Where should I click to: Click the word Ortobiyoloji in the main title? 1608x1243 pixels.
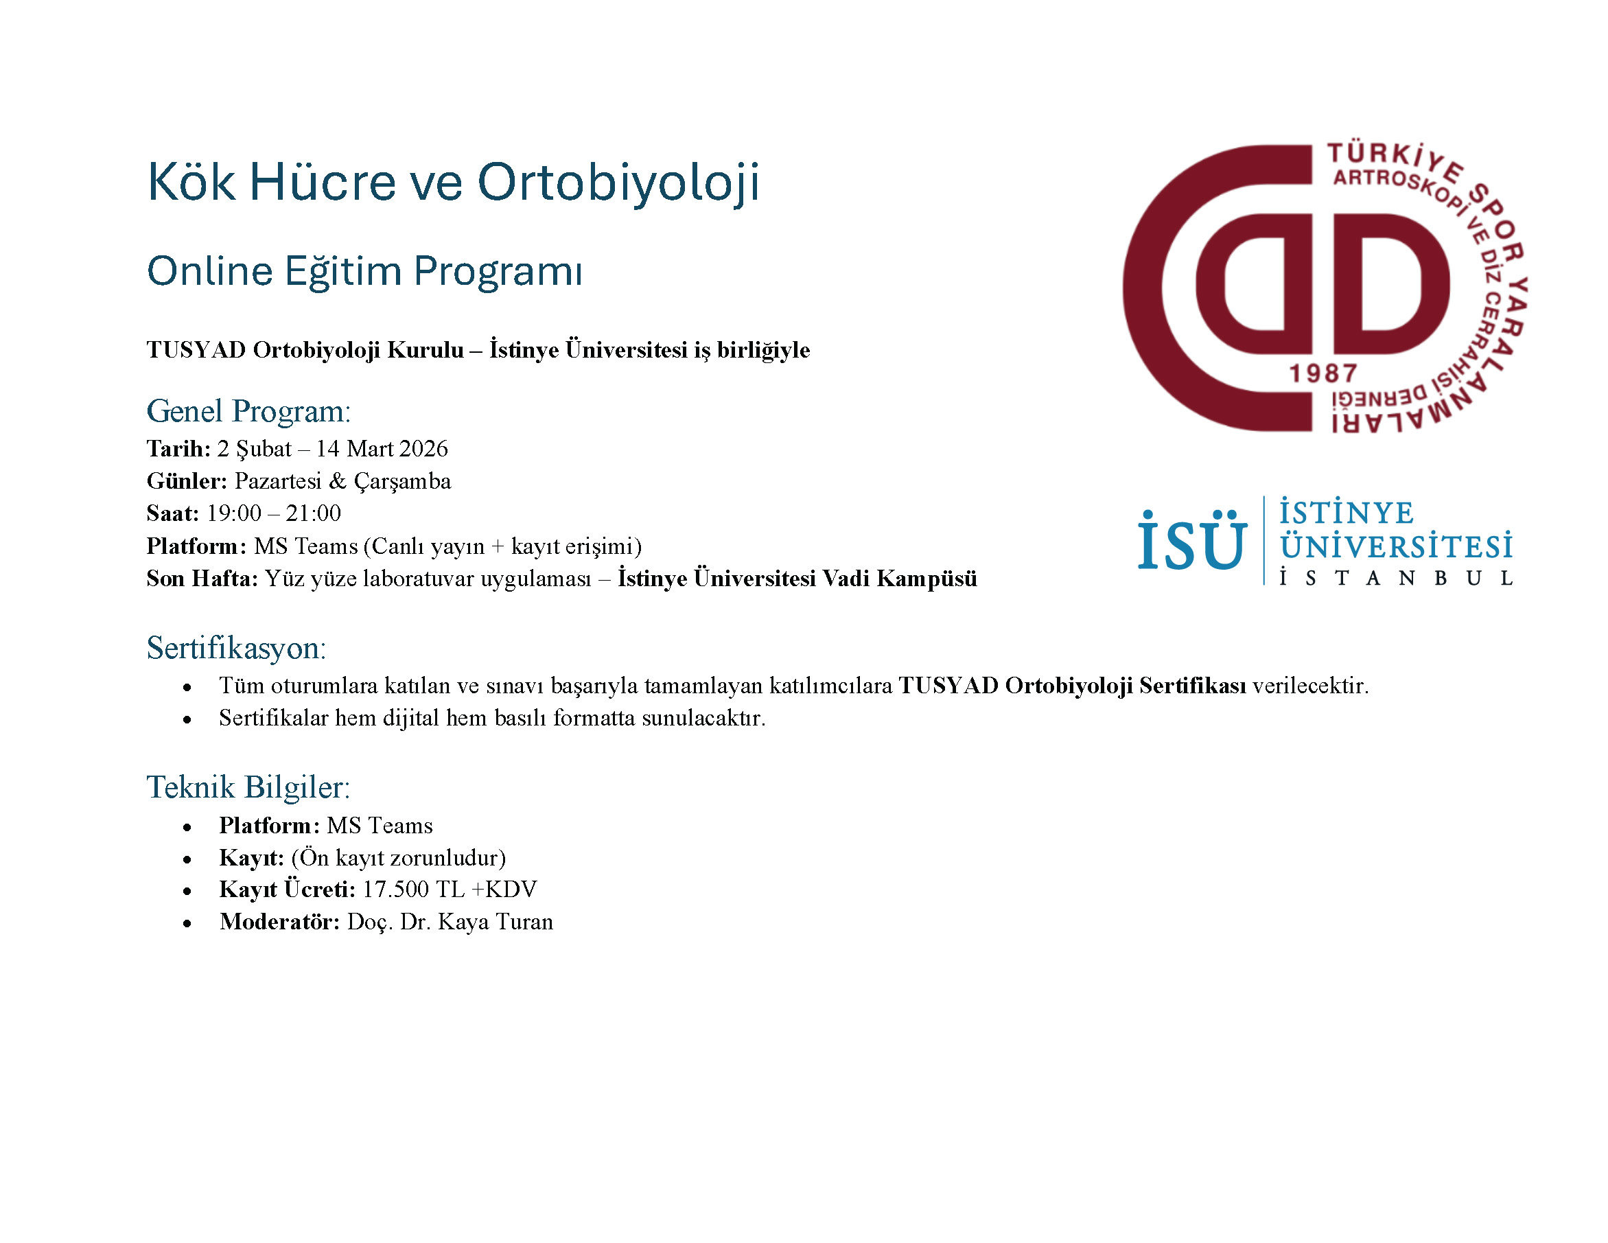[618, 183]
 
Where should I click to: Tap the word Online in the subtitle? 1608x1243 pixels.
[210, 271]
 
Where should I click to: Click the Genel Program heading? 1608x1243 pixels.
[249, 412]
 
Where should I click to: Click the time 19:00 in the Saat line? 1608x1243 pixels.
[234, 513]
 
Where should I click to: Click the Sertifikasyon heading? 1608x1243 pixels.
[236, 648]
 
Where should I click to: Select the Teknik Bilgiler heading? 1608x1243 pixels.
[248, 787]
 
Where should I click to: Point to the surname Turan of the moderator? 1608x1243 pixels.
[524, 922]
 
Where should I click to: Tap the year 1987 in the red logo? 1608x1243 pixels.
[1323, 374]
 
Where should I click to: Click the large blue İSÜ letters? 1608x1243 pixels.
[1193, 542]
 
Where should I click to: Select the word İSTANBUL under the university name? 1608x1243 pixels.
[1396, 578]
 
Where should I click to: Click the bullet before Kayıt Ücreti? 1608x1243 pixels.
[188, 891]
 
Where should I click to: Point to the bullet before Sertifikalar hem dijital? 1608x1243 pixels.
[188, 719]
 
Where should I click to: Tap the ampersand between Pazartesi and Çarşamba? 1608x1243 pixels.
[337, 482]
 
